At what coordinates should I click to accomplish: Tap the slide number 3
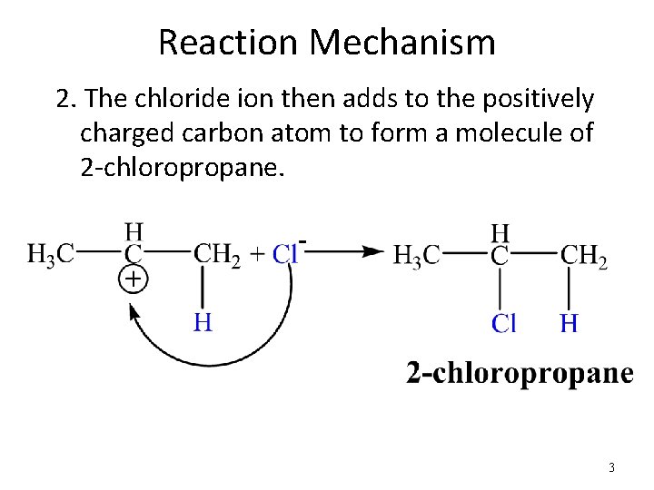tap(611, 468)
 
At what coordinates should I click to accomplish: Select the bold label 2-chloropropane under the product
tap(519, 373)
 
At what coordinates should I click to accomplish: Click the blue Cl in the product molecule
tap(504, 323)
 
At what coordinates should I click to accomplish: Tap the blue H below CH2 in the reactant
tap(203, 321)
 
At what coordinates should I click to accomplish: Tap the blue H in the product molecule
tap(570, 323)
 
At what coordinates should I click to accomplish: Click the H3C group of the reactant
tap(51, 254)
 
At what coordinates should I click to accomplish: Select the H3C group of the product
tap(417, 256)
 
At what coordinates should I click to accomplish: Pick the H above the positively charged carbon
tap(134, 232)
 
